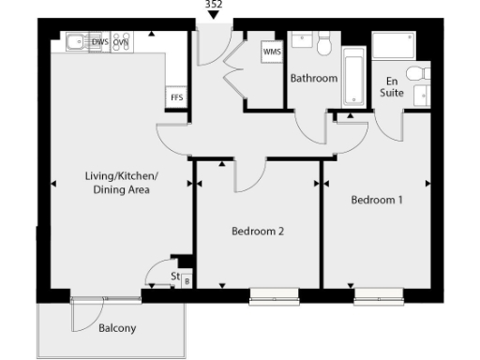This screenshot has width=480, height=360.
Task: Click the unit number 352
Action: point(214,4)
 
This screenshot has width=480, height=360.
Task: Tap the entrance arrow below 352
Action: point(214,15)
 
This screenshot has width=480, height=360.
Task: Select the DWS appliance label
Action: point(99,42)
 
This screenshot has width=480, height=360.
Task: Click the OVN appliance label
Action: point(121,42)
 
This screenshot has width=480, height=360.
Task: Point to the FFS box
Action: point(175,97)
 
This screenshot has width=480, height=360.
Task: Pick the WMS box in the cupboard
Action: point(272,52)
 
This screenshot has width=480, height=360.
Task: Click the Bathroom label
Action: point(313,79)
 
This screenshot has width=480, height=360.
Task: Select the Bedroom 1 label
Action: point(377,200)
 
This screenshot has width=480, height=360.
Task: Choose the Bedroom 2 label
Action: point(257,231)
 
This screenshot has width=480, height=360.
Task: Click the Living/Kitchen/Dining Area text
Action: point(122,183)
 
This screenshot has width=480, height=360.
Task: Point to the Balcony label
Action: point(117,328)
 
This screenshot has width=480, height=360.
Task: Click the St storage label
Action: point(174,277)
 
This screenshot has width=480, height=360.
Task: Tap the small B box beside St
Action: point(186,279)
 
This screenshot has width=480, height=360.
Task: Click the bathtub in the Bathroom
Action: point(355,80)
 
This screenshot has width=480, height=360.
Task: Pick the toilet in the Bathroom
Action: point(323,42)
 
